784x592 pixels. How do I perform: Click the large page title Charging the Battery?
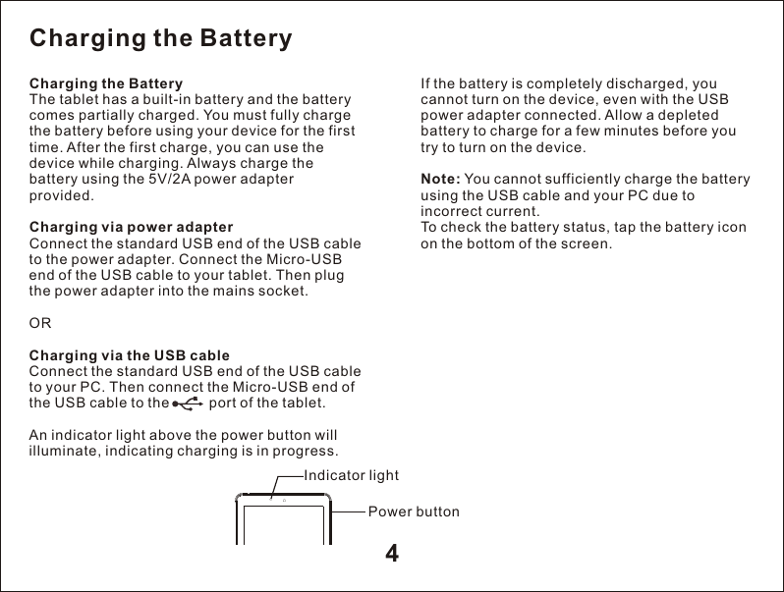coord(161,39)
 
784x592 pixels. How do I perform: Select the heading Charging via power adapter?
coord(132,227)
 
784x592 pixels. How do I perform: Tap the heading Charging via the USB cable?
coord(131,355)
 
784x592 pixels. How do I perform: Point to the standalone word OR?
coord(41,323)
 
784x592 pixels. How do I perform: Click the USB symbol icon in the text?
coord(187,404)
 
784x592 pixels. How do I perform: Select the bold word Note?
coord(440,179)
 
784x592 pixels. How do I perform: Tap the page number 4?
coord(392,554)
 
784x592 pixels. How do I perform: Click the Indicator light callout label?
coord(352,476)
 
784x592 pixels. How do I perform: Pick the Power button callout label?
coord(413,511)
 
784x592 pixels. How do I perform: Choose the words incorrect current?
coord(479,211)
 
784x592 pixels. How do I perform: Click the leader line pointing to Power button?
coord(349,511)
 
